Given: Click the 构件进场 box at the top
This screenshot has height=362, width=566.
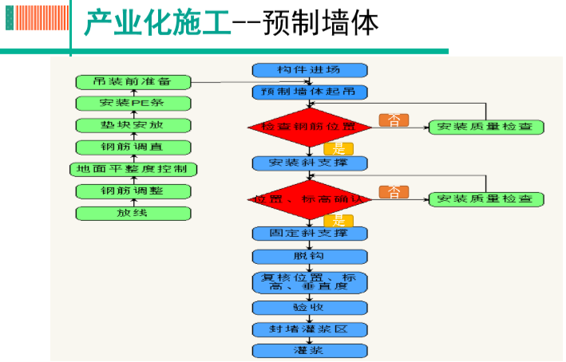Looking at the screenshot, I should (310, 70).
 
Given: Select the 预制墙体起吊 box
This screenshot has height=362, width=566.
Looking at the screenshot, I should (310, 92).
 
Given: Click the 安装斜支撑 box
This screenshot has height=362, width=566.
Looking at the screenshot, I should (310, 163).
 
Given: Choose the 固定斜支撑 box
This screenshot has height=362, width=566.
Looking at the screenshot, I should (310, 234).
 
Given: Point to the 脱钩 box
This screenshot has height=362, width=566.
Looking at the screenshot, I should (310, 257).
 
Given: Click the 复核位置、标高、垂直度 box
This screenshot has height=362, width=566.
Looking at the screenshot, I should (310, 281).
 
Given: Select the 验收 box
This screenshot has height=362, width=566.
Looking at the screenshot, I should (310, 307).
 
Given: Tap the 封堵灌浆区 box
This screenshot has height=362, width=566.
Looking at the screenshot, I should (310, 329).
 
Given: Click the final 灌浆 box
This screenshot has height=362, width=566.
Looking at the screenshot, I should (310, 351).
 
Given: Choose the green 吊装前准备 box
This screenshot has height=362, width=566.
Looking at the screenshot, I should (133, 81).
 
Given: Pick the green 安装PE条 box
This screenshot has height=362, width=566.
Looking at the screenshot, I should (133, 103).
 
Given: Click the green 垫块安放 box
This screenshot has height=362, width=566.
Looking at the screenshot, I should (133, 125).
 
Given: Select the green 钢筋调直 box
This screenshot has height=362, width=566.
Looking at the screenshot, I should (133, 147).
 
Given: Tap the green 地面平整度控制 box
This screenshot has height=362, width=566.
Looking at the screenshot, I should (133, 169).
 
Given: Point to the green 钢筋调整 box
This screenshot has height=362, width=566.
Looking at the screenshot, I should (133, 191).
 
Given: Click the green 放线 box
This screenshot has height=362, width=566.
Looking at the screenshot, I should (133, 213).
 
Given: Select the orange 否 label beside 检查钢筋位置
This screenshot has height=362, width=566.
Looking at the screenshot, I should (394, 120).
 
